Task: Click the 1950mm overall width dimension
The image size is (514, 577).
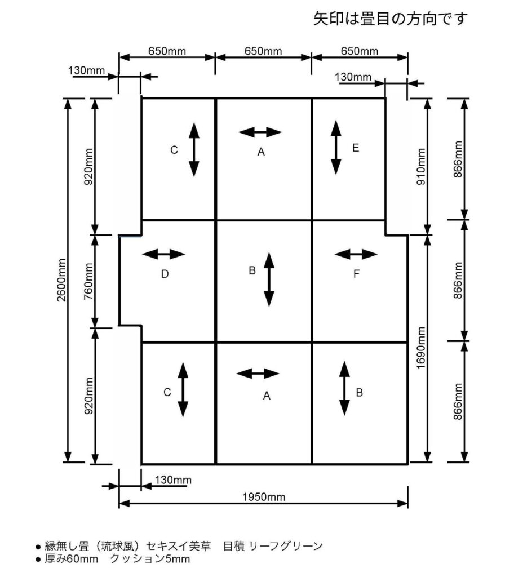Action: (264, 497)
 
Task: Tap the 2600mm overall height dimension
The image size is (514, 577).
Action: (61, 280)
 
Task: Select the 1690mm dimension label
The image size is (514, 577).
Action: (421, 348)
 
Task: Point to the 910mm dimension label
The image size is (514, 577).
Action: (421, 167)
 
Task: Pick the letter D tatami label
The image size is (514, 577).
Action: (165, 274)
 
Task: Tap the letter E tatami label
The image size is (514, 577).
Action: (355, 148)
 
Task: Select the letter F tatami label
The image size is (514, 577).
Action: (356, 274)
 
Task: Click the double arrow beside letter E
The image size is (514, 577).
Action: (336, 147)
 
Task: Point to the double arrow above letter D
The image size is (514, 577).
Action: (163, 254)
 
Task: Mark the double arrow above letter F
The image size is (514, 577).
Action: (356, 254)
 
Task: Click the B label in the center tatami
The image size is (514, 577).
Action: (252, 270)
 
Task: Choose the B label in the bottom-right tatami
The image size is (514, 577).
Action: (360, 393)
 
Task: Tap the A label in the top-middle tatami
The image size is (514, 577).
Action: (261, 152)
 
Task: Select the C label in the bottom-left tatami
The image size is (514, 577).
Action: (167, 392)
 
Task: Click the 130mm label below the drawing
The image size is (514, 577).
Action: (173, 480)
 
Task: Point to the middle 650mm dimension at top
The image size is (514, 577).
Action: (263, 51)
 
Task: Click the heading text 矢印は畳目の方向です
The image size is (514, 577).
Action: (390, 19)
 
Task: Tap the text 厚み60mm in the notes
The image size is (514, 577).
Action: (72, 560)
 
